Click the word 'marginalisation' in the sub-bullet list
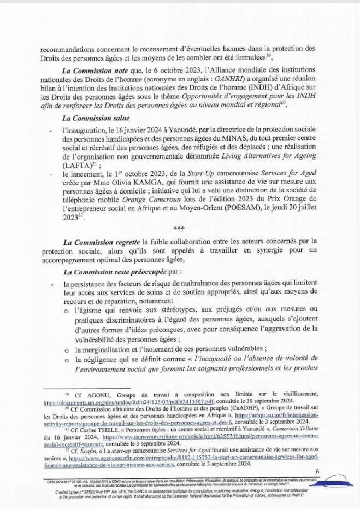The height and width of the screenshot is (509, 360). tap(115, 348)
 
